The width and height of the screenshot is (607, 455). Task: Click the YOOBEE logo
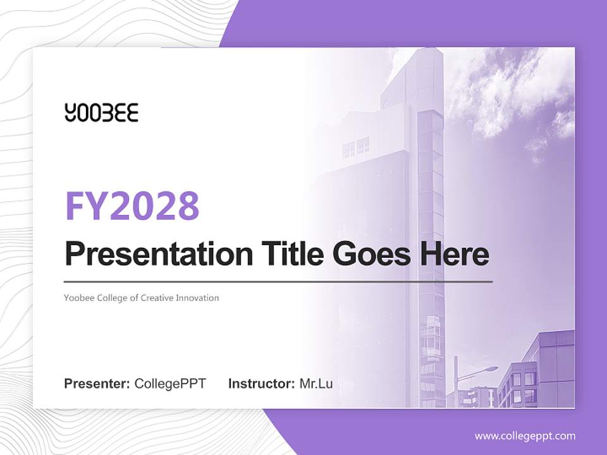pyautogui.click(x=101, y=112)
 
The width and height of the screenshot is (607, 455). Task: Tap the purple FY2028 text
pyautogui.click(x=132, y=205)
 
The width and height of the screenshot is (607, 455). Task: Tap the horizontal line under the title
pyautogui.click(x=278, y=281)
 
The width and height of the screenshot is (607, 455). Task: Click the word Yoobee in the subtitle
pyautogui.click(x=78, y=298)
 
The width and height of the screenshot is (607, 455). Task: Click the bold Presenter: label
pyautogui.click(x=97, y=384)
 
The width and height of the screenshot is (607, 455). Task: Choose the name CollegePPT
pyautogui.click(x=170, y=384)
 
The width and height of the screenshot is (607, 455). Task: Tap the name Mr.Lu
pyautogui.click(x=316, y=384)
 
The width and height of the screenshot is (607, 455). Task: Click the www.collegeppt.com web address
pyautogui.click(x=525, y=435)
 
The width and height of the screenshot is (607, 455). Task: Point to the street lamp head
pyautogui.click(x=491, y=368)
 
